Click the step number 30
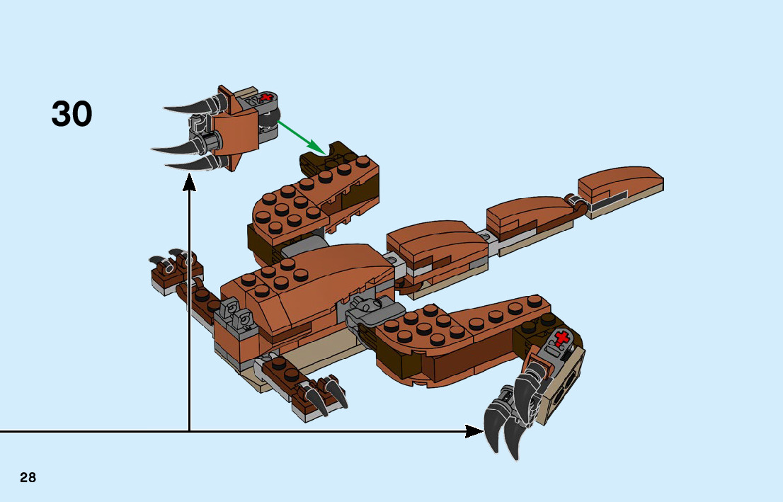[72, 114]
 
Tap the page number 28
[28, 477]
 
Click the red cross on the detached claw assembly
[266, 98]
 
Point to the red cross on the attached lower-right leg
[562, 339]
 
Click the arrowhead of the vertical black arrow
[189, 183]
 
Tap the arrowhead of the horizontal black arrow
[474, 430]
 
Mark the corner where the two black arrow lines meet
[189, 430]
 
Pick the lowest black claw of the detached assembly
[195, 164]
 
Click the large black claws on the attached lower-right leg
[510, 418]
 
